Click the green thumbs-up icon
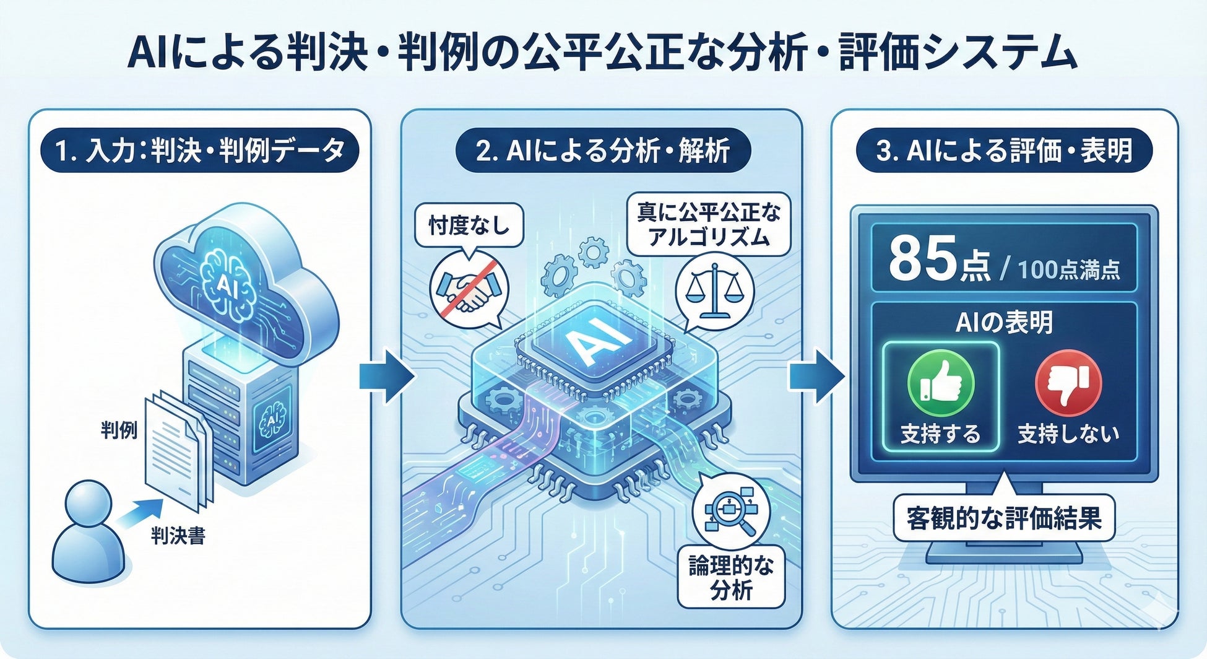[940, 383]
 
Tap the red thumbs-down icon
[1068, 383]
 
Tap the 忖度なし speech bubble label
[469, 225]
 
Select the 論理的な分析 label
[731, 577]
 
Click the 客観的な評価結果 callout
[1003, 518]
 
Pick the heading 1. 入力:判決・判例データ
[199, 151]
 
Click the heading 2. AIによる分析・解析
[602, 151]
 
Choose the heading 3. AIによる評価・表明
[1004, 151]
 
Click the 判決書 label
[178, 535]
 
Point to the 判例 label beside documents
[119, 429]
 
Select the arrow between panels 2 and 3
[816, 376]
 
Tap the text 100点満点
[1068, 269]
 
